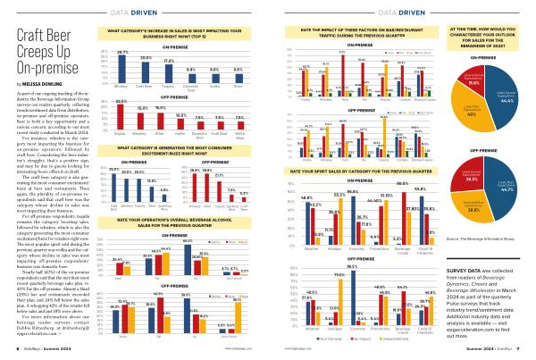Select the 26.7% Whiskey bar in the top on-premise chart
122,60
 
